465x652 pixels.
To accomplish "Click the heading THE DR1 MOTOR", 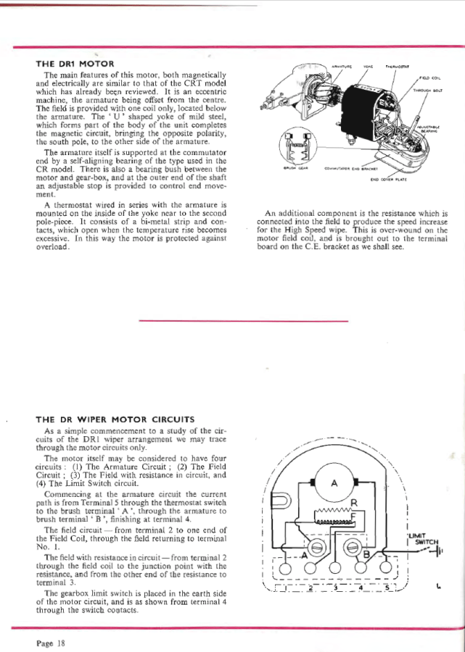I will coord(75,63).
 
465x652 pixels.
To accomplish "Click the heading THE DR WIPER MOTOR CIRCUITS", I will coord(115,419).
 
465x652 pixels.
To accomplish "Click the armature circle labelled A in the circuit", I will coord(334,485).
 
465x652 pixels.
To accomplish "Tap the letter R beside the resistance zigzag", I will coord(354,503).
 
